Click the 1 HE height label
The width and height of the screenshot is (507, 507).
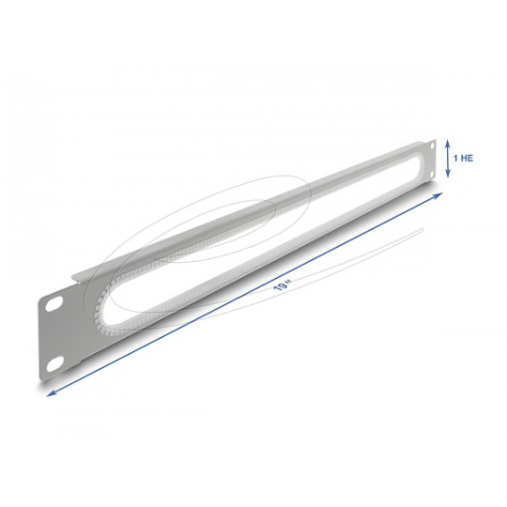tap(463, 158)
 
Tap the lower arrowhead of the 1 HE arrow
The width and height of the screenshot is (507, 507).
tap(448, 175)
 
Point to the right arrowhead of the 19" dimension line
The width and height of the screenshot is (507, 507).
tap(439, 194)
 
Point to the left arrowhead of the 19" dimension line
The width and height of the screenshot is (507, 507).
tap(50, 393)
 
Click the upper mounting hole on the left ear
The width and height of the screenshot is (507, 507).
tap(53, 304)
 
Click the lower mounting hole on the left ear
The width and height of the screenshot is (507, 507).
tap(54, 364)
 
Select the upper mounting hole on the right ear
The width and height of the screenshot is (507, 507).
tap(431, 146)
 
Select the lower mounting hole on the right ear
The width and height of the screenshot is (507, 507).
tap(431, 175)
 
